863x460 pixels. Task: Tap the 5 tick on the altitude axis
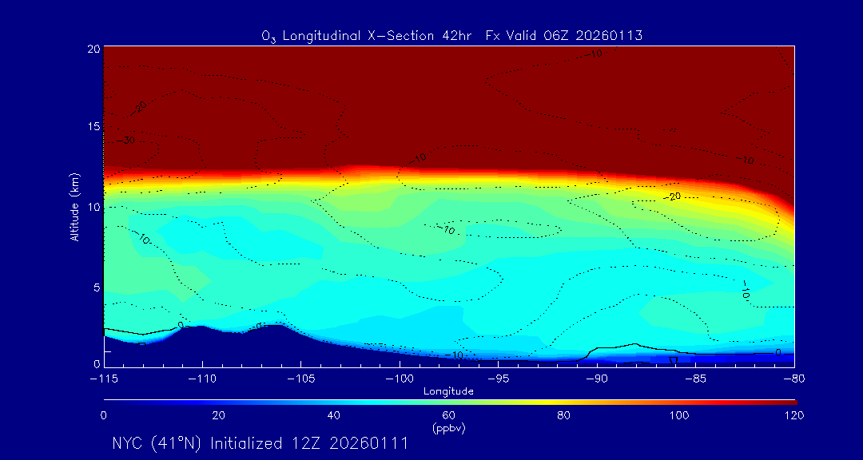click(x=95, y=286)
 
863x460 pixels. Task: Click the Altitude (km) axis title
click(x=75, y=207)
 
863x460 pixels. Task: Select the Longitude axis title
click(x=448, y=391)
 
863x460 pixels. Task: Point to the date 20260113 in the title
click(x=610, y=35)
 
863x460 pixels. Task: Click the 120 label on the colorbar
click(x=793, y=415)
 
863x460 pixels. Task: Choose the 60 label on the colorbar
click(x=448, y=415)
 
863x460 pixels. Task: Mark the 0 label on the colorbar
click(x=104, y=415)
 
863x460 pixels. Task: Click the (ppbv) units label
click(x=448, y=428)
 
